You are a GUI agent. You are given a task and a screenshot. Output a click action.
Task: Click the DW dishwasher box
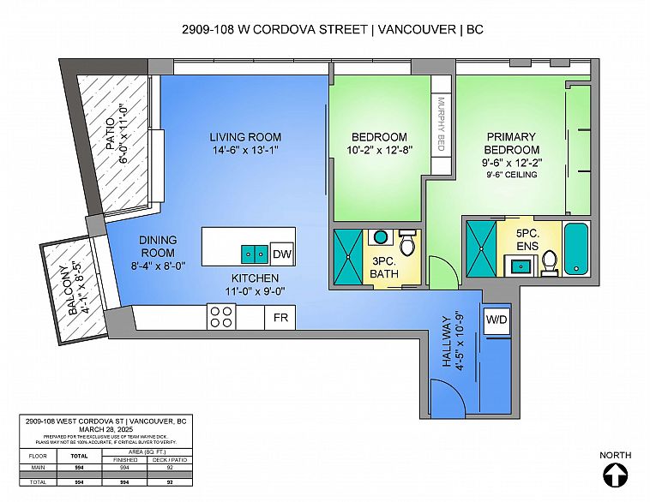(281, 254)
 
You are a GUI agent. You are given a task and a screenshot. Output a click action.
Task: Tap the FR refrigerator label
(280, 318)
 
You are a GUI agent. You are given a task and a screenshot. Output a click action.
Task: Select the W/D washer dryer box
(497, 319)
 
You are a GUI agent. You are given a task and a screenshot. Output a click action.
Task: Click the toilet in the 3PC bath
(408, 244)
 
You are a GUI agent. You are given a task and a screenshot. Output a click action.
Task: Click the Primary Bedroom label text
(511, 143)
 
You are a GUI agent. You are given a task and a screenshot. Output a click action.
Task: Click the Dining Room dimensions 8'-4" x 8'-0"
(158, 265)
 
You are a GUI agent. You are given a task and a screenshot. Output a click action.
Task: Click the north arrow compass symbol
(616, 474)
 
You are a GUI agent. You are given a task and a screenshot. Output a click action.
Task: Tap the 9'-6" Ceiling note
(511, 175)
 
